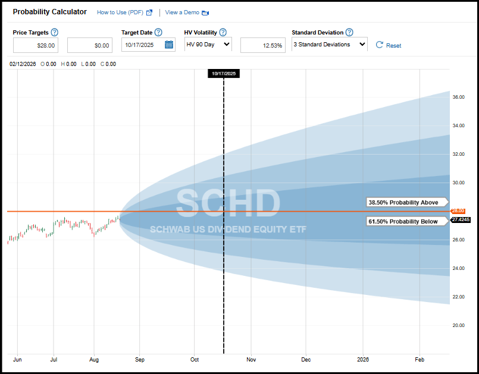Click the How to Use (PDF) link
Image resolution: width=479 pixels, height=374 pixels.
pyautogui.click(x=120, y=12)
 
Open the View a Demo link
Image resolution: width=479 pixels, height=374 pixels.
pyautogui.click(x=182, y=12)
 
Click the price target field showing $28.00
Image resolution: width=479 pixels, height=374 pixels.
pyautogui.click(x=35, y=45)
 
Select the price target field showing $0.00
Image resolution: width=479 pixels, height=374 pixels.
pyautogui.click(x=90, y=45)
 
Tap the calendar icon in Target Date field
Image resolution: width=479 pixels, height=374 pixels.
pyautogui.click(x=168, y=45)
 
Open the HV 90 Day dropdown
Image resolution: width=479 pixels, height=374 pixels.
pyautogui.click(x=208, y=45)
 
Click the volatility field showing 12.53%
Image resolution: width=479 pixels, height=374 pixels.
pyautogui.click(x=262, y=45)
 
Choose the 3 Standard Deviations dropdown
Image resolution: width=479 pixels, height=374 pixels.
pyautogui.click(x=329, y=45)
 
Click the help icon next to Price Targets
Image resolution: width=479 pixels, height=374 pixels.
pyautogui.click(x=55, y=32)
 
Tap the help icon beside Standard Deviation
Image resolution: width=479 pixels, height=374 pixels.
pyautogui.click(x=349, y=32)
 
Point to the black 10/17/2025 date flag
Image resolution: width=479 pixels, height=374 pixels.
pyautogui.click(x=223, y=74)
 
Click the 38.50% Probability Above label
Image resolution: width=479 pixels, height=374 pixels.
pyautogui.click(x=403, y=202)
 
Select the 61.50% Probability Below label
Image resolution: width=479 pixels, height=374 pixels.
pyautogui.click(x=403, y=222)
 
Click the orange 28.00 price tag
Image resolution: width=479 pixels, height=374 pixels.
pyautogui.click(x=458, y=211)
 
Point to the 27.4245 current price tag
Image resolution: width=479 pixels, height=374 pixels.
pyautogui.click(x=460, y=219)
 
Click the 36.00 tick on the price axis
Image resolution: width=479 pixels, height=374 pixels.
pyautogui.click(x=458, y=97)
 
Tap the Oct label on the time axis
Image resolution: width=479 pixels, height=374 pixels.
pyautogui.click(x=195, y=360)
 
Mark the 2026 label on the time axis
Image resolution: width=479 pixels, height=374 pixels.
pyautogui.click(x=363, y=360)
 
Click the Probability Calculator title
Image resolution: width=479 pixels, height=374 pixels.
pyautogui.click(x=49, y=12)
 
